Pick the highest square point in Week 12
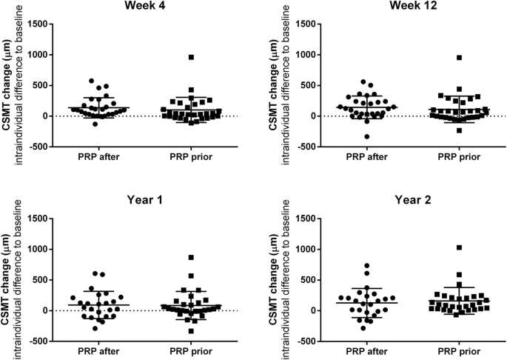438,58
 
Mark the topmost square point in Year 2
438,247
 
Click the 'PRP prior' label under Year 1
190,351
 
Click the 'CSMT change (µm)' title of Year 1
6,280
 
